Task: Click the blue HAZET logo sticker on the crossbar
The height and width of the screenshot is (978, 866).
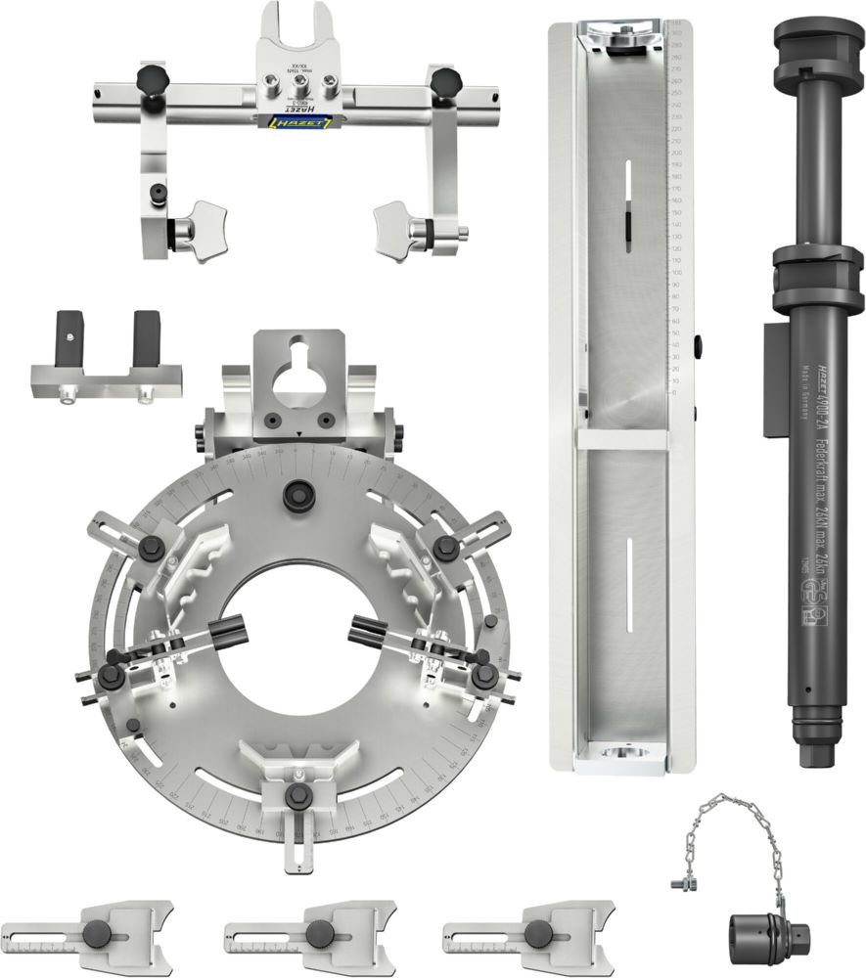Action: (x=299, y=120)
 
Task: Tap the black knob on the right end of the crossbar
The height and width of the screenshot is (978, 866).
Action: (x=444, y=79)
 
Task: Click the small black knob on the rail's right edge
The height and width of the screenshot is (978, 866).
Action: (x=698, y=346)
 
